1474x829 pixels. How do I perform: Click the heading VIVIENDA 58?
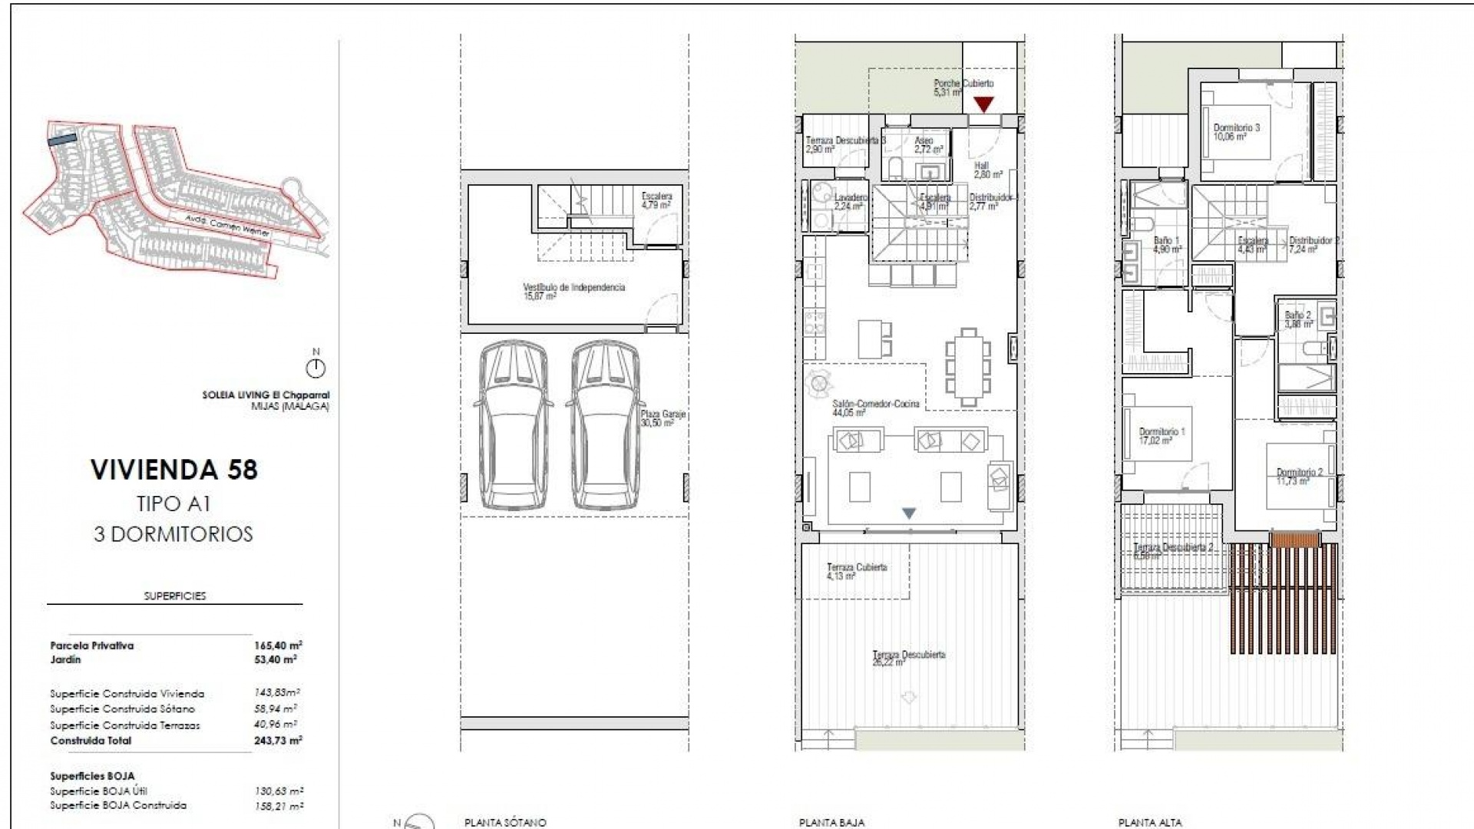coord(174,470)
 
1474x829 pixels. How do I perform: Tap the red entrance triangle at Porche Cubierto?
coord(983,104)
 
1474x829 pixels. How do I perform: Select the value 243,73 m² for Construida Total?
coord(278,740)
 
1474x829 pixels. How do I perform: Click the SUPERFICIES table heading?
coord(175,596)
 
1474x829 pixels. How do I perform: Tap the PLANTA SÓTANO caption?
coord(504,822)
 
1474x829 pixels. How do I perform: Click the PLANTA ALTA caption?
coord(1149,822)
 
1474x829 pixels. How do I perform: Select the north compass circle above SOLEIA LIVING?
coord(316,368)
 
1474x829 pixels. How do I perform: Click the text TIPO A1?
coord(174,504)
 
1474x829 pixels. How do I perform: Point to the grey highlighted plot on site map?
coord(62,139)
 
